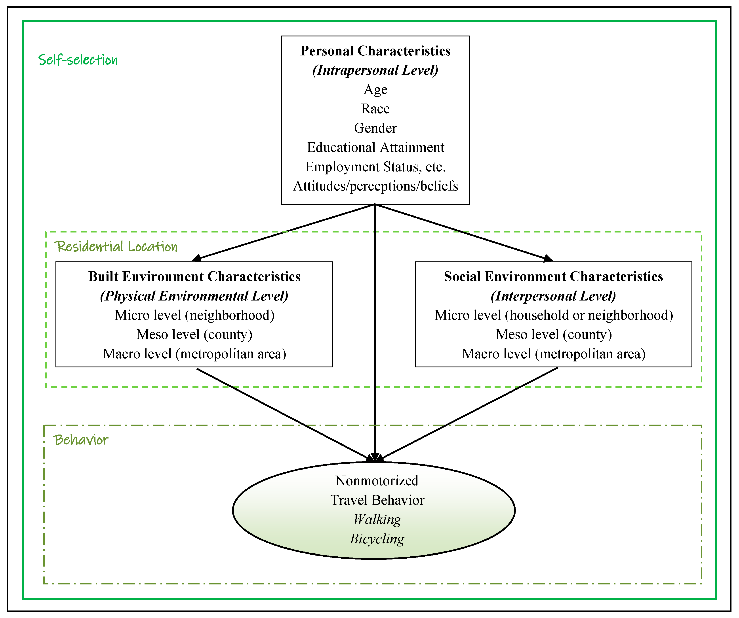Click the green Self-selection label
click(78, 60)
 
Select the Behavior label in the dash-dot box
click(81, 440)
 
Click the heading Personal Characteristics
click(375, 51)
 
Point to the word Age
click(375, 90)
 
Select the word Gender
click(375, 128)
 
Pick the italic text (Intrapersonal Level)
click(375, 70)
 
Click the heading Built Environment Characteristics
click(194, 277)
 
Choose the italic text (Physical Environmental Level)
click(194, 296)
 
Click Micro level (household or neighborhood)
click(554, 315)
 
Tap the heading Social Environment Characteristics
click(554, 277)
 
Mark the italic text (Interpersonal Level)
click(554, 296)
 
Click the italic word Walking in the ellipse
click(377, 519)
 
